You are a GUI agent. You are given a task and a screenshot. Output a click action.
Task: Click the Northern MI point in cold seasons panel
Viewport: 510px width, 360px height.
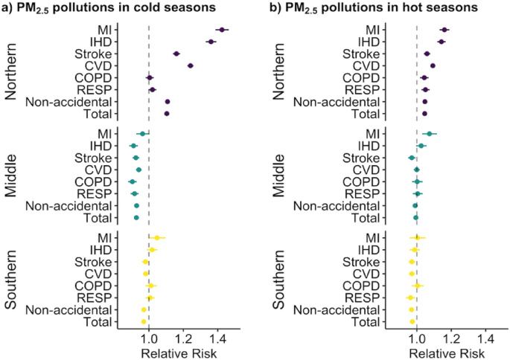(221, 29)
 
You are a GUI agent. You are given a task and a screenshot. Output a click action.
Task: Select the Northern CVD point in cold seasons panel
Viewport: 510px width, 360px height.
(191, 66)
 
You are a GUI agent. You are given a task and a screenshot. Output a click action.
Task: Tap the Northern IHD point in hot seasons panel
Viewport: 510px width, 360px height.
(442, 42)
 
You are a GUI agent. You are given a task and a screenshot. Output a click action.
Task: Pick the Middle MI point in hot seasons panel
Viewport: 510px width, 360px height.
(430, 134)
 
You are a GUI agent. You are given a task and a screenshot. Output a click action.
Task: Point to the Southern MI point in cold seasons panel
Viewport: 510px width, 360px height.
(156, 238)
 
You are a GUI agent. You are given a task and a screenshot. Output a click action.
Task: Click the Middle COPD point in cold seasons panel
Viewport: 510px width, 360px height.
(133, 181)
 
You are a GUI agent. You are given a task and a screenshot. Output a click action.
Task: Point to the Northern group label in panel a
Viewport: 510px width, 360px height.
(13, 71)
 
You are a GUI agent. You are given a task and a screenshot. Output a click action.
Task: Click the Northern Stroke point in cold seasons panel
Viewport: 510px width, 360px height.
(176, 54)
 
